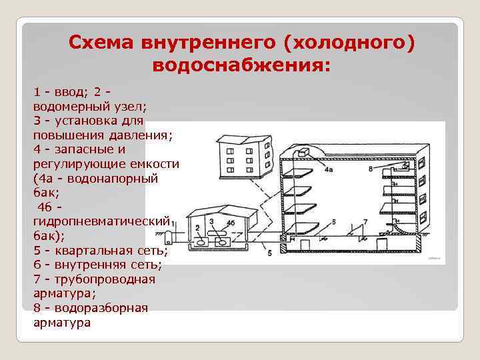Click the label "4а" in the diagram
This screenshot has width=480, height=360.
click(x=329, y=171)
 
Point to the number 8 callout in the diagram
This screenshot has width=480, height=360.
click(x=371, y=169)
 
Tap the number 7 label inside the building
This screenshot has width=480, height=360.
click(x=365, y=221)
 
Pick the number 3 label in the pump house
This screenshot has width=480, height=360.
click(x=211, y=221)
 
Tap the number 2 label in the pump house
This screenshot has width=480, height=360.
click(x=198, y=229)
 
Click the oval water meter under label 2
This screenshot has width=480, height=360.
click(x=199, y=238)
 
